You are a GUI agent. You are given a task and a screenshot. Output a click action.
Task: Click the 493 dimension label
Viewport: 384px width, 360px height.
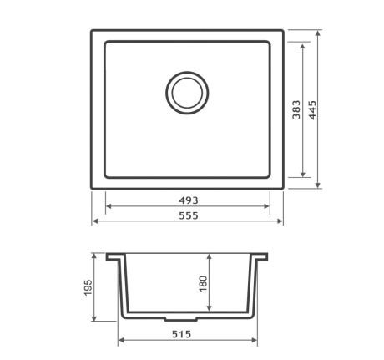(x=187, y=200)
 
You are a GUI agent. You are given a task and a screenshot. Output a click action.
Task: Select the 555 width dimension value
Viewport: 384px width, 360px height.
(x=187, y=215)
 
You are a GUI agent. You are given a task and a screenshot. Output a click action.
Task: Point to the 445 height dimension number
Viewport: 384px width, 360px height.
(x=312, y=111)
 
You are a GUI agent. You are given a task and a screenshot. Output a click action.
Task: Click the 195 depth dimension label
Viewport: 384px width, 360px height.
(x=88, y=287)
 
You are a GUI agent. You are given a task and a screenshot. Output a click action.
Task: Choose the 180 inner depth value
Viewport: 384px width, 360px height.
(x=201, y=284)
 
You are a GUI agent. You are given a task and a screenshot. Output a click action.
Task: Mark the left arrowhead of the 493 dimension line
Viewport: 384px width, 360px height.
(x=108, y=207)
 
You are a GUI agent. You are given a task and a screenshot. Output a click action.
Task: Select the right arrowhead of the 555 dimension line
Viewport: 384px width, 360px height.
(x=280, y=221)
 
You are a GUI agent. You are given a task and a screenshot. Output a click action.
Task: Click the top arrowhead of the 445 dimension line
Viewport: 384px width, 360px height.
(x=319, y=34)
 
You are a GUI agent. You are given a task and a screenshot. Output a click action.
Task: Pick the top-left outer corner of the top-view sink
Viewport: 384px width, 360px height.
(x=91, y=31)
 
